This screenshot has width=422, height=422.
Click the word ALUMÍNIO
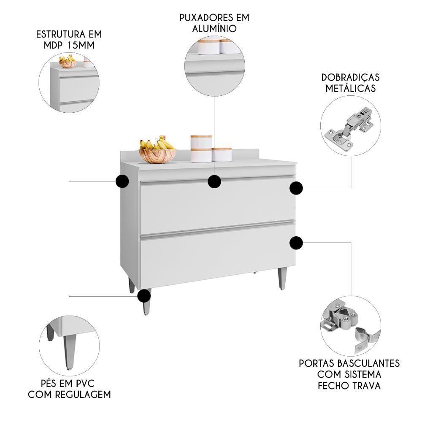coord(214,29)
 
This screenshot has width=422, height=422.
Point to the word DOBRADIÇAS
coord(350,78)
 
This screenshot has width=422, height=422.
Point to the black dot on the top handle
coord(214,181)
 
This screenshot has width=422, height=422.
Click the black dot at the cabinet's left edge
coord(122,181)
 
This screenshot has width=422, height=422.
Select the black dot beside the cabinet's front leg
coord(144,295)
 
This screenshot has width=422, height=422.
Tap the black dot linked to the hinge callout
coord(296,188)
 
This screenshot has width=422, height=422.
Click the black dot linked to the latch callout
coord(296,243)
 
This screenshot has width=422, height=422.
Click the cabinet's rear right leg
coord(282,279)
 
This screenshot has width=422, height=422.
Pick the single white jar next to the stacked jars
coord(222,154)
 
